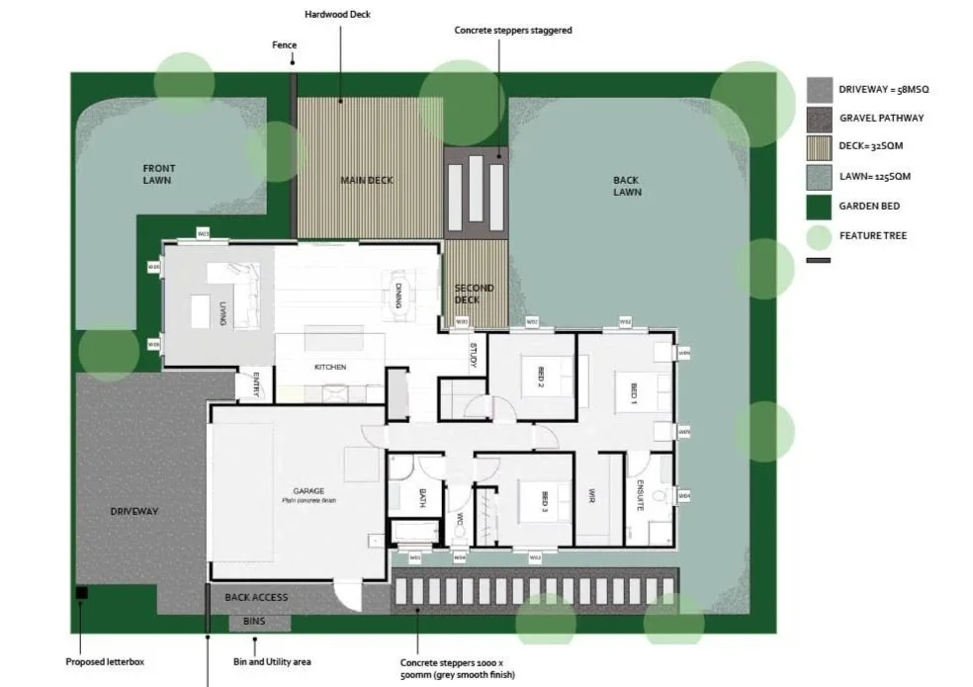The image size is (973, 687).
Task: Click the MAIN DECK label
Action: [367, 180]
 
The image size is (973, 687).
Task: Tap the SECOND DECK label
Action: [474, 295]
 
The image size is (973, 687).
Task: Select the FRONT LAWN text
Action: [158, 175]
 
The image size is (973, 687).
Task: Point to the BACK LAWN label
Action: [626, 186]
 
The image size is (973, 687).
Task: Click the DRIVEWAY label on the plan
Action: [133, 511]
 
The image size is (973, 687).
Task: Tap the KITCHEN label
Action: [330, 367]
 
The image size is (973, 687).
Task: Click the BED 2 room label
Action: [541, 379]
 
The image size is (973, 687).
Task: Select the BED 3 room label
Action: [545, 502]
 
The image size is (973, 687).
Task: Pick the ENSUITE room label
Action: [641, 494]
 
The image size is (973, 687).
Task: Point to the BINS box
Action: [259, 623]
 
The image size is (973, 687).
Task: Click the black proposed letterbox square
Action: [81, 593]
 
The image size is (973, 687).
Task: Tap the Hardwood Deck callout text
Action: [339, 16]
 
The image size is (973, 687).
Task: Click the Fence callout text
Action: [285, 45]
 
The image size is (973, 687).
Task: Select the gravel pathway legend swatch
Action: [819, 119]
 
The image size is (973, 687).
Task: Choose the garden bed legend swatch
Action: [819, 207]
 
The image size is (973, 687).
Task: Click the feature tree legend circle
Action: [819, 237]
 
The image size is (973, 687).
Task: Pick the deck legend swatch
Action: [819, 147]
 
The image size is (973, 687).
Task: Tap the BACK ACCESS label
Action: [256, 597]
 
